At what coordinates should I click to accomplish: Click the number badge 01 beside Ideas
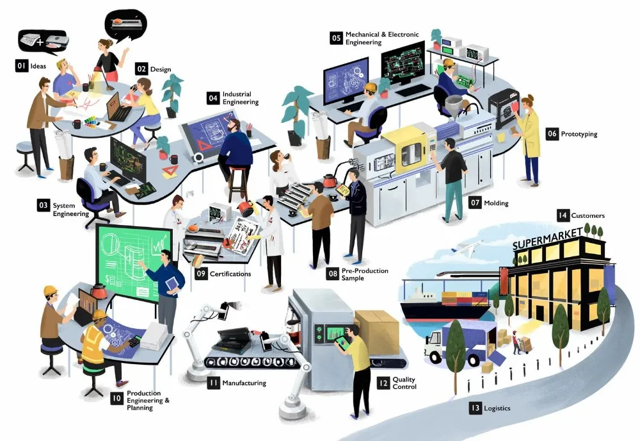click(x=21, y=66)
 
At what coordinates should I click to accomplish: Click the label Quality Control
click(x=404, y=383)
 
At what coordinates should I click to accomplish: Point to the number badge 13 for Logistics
click(x=475, y=408)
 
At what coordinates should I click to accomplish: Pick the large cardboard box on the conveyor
click(x=377, y=331)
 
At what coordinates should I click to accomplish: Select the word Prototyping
click(x=579, y=134)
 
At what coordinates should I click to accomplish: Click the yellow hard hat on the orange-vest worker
click(x=99, y=315)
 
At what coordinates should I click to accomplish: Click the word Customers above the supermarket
click(x=588, y=215)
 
